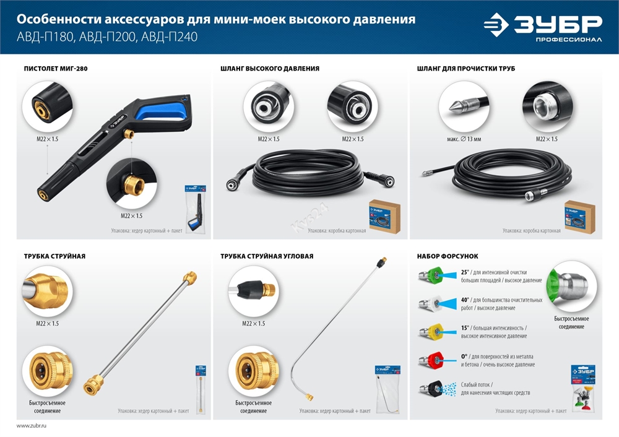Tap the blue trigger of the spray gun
[158, 113]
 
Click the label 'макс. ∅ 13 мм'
[459, 139]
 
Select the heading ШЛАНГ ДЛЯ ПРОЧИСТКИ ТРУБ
[466, 68]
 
